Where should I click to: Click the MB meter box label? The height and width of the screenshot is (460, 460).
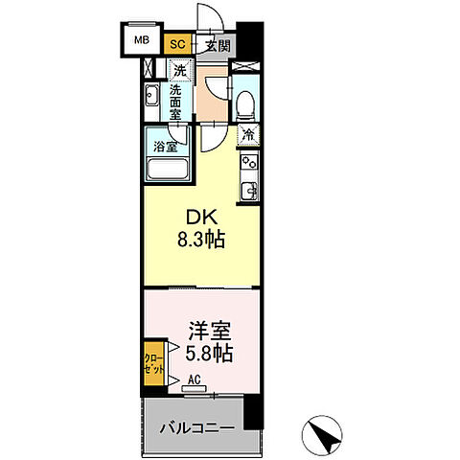(141, 40)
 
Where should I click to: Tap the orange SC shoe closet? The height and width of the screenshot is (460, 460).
(177, 43)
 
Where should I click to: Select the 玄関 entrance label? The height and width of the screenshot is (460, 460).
(217, 43)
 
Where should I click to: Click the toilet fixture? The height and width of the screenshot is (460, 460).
(244, 103)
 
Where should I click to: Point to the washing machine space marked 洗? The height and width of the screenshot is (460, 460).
(179, 70)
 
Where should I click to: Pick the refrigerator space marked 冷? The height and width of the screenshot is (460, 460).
(248, 135)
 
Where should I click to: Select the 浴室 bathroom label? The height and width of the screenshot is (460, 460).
(165, 147)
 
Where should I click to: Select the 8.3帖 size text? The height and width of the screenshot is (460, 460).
(200, 241)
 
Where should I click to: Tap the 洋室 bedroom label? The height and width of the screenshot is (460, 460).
(203, 331)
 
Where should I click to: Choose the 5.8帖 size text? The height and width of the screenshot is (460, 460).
(207, 353)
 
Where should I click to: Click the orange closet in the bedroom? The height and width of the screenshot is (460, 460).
(153, 363)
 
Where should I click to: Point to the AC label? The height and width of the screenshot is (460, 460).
(195, 380)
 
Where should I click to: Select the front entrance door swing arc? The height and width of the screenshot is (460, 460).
(204, 17)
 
